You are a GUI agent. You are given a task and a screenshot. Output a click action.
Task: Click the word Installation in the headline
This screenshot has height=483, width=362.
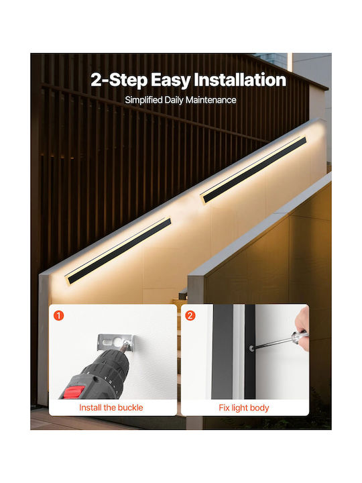[240, 80]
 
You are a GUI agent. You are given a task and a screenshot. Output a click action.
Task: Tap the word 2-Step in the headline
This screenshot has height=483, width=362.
[119, 80]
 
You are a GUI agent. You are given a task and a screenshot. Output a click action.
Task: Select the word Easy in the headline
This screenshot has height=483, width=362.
[171, 80]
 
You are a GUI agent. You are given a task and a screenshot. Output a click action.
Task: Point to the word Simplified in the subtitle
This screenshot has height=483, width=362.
[143, 101]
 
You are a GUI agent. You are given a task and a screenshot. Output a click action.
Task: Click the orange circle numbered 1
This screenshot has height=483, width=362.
[58, 316]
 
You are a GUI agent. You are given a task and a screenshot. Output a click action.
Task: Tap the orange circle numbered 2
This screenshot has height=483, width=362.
[190, 316]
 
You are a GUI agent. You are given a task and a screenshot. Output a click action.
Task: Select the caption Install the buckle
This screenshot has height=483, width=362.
[111, 408]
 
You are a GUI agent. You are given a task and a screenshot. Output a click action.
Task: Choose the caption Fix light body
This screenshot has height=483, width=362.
[244, 408]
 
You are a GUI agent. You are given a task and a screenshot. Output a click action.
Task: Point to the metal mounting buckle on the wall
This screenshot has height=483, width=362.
[115, 342]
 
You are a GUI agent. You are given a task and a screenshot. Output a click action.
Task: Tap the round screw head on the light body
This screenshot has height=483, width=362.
[252, 348]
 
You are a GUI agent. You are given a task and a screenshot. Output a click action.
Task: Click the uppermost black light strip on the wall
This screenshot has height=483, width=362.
[253, 170]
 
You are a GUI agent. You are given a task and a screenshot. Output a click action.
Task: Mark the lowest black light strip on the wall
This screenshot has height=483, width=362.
[119, 251]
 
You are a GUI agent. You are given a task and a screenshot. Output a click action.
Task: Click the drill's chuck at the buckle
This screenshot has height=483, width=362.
[123, 349]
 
